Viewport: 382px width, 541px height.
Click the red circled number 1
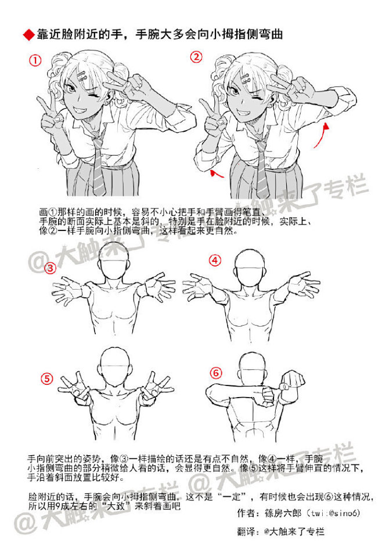[36, 60]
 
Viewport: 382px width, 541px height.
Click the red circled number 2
[196, 57]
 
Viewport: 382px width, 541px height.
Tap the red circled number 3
[51, 268]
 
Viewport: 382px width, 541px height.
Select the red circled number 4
[215, 261]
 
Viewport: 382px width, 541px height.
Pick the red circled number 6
[215, 372]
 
